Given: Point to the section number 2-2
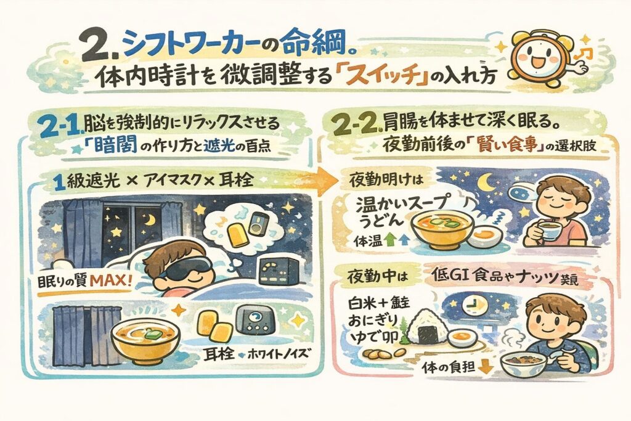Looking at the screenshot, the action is point(356,125).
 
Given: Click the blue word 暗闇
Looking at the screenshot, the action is point(113,147).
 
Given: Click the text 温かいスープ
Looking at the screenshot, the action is point(401,205).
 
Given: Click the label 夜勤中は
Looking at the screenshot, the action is point(378,277).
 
